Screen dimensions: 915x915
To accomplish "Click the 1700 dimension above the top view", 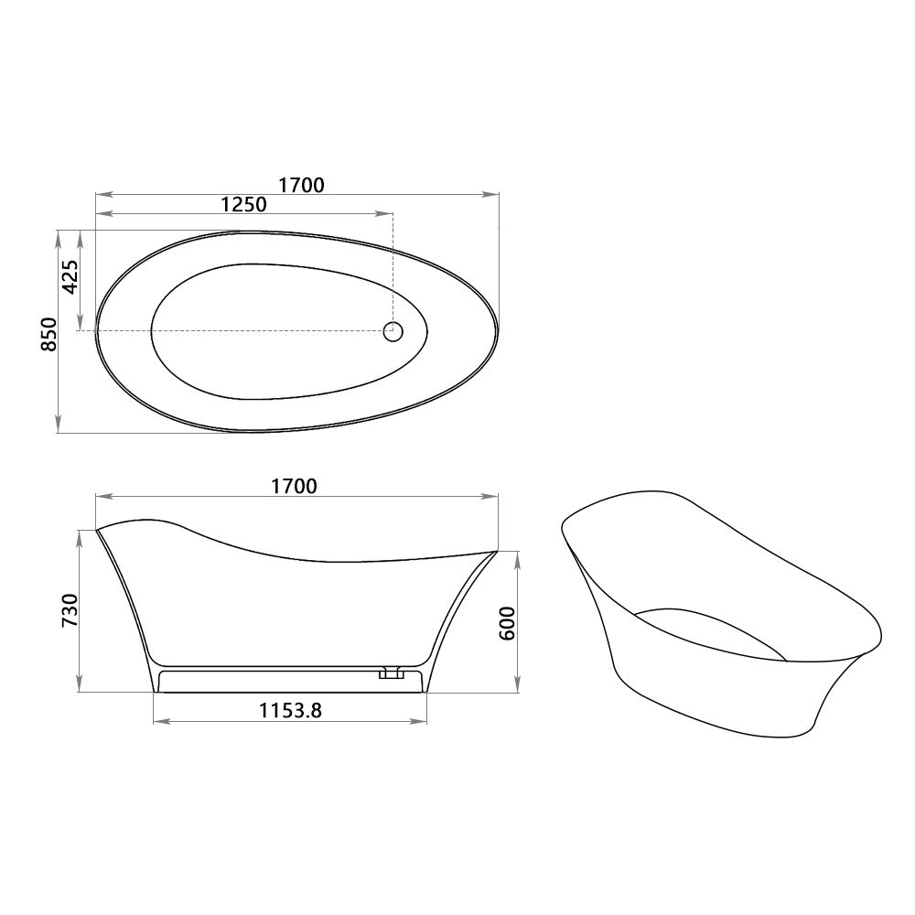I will pyautogui.click(x=301, y=184).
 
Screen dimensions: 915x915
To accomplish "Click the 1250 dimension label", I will pyautogui.click(x=243, y=204).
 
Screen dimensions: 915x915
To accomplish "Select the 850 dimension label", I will pyautogui.click(x=49, y=334).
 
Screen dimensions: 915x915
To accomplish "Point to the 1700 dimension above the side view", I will pyautogui.click(x=294, y=486).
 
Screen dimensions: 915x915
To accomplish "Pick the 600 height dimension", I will pyautogui.click(x=510, y=623).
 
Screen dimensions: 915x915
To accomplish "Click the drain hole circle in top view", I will pyautogui.click(x=393, y=331).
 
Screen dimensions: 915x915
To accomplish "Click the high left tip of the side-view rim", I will pyautogui.click(x=97, y=529).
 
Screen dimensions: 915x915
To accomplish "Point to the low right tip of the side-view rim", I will pyautogui.click(x=497, y=552).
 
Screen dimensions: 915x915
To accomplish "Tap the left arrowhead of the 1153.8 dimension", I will pyautogui.click(x=157, y=722).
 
